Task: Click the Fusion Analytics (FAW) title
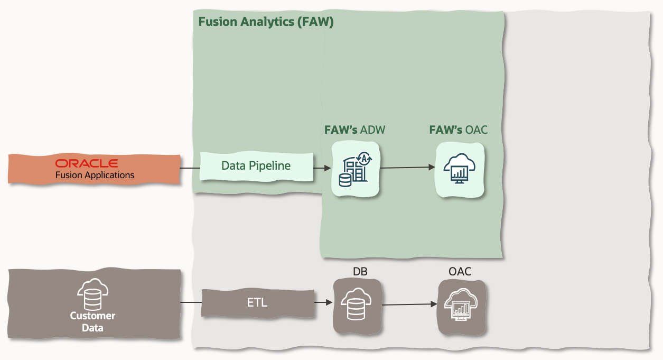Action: [x=266, y=22]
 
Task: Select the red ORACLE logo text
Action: [x=87, y=163]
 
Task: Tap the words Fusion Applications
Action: [x=95, y=175]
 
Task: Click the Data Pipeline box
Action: [x=256, y=166]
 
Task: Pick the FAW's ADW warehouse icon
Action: [x=355, y=169]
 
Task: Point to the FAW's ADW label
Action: [x=353, y=130]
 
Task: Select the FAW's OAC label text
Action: [x=458, y=130]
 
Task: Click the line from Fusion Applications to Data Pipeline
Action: [x=190, y=168]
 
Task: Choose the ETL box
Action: [x=257, y=303]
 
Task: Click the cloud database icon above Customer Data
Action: [x=92, y=295]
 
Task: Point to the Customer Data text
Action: [x=92, y=322]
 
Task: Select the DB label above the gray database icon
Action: [x=360, y=272]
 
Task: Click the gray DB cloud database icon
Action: [x=357, y=306]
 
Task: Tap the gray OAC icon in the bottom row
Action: [x=461, y=306]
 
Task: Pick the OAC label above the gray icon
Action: [x=460, y=272]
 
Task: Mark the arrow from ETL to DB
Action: [x=323, y=303]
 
